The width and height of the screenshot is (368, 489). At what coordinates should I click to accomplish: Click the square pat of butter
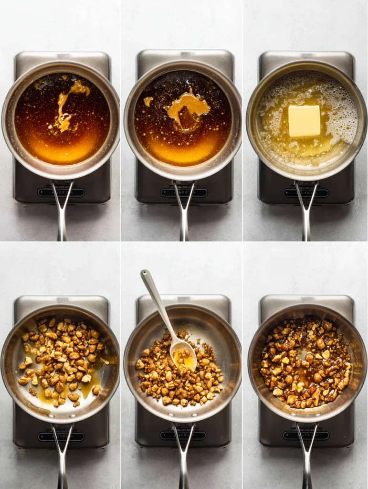304,121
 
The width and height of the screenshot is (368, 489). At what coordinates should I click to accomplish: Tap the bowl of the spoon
184,354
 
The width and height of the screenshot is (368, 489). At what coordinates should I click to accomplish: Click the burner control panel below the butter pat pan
305,193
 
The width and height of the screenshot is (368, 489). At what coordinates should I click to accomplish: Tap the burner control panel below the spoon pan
183,436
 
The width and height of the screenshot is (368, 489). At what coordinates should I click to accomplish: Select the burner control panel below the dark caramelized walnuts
305,436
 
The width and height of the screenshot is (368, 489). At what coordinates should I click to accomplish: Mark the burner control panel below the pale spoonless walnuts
61,436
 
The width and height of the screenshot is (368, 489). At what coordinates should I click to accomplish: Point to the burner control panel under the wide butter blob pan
183,192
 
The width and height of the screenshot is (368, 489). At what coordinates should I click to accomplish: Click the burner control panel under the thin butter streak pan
61,192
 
